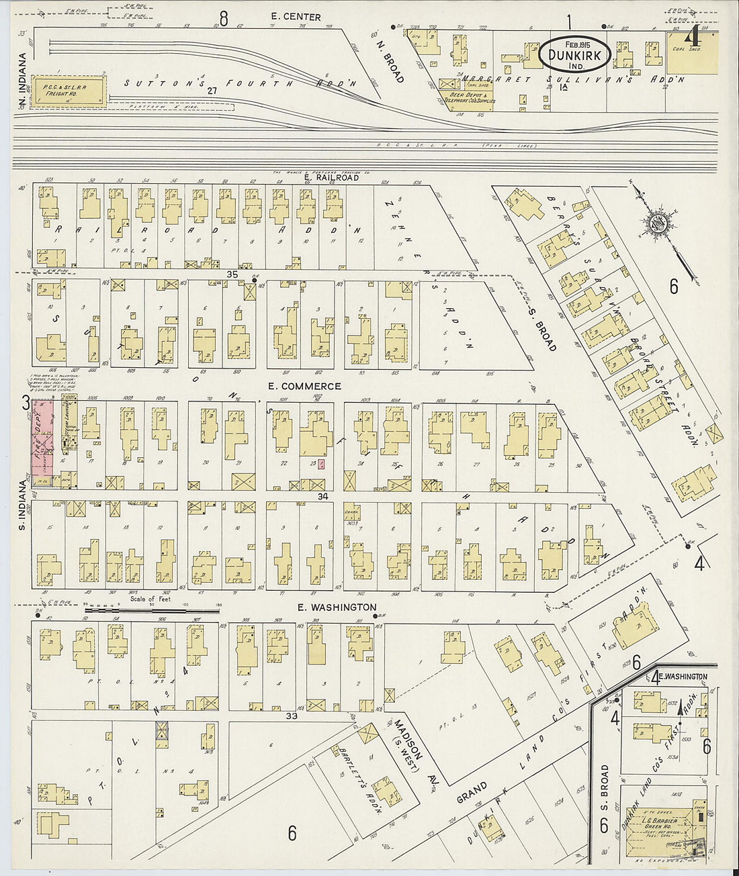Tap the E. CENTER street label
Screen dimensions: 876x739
(x=296, y=17)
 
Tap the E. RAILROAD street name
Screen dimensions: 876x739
(x=336, y=179)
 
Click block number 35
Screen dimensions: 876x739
(x=233, y=274)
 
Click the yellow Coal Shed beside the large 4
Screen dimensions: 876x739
(x=693, y=53)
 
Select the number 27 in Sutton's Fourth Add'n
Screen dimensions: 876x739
(x=213, y=90)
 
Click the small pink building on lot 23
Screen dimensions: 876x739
(x=321, y=464)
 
